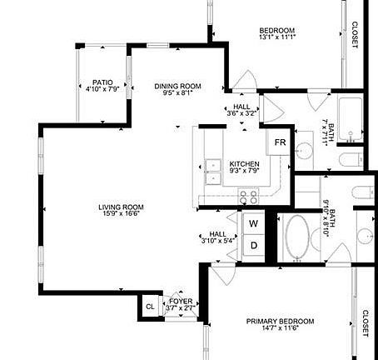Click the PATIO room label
102,82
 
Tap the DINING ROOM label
178,86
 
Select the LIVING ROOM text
122,207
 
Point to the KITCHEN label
244,163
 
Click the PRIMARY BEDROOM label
281,321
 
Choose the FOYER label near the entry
182,300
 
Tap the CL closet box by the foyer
150,306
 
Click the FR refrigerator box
280,142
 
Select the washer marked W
254,223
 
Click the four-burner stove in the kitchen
248,197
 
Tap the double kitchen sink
211,171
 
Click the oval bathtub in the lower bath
296,238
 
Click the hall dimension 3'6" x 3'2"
242,114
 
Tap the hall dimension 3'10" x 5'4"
218,242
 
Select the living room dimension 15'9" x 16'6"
122,214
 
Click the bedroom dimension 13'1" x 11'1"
277,37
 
